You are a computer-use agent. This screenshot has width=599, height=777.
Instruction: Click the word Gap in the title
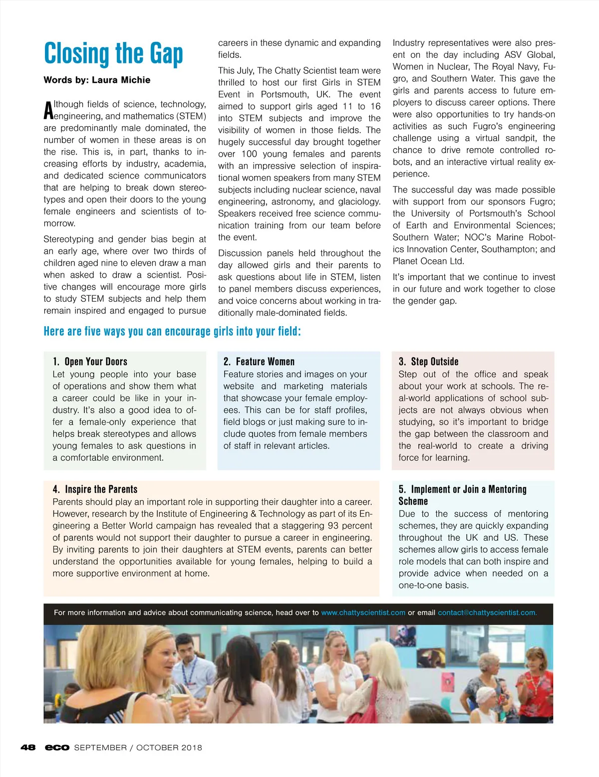coord(165,54)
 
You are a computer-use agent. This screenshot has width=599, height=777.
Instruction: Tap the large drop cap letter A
coord(48,111)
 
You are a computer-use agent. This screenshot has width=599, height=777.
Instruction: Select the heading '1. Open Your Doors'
coord(90,362)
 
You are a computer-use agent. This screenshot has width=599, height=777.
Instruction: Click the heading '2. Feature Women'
coord(259,362)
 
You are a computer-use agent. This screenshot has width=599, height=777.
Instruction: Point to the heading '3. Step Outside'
coord(428,362)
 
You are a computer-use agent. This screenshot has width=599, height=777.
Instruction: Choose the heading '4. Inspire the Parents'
coord(95,489)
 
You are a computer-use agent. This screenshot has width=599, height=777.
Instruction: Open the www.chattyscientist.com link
coord(363,612)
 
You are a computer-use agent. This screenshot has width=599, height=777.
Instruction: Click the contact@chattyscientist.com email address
coord(487,612)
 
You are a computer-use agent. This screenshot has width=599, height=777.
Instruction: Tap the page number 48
coord(28,748)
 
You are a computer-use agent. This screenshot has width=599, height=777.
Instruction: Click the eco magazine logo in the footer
coord(57,748)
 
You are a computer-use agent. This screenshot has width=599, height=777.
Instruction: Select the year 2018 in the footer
coord(192,748)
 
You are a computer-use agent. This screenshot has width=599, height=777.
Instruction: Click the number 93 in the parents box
coord(333,526)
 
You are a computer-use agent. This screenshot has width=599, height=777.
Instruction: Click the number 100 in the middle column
coord(250,154)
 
